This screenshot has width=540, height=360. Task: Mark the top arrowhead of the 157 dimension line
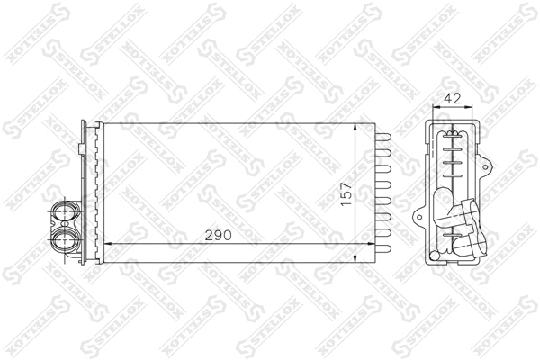[x=358, y=124]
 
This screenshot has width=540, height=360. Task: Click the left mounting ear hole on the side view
[x=419, y=216]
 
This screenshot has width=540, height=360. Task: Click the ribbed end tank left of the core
[x=88, y=189]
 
